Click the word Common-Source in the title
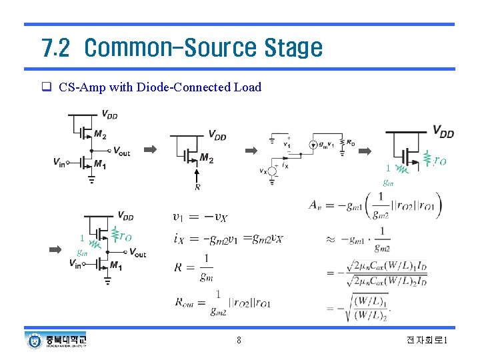point(171,48)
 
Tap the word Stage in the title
point(293,48)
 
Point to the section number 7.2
point(55,48)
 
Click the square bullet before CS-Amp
point(47,87)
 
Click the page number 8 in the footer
point(239,341)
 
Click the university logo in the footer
point(56,341)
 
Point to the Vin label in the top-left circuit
point(60,162)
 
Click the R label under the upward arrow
point(197,187)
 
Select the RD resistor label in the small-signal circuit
point(351,142)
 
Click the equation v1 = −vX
point(200,217)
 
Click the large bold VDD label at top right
point(443,133)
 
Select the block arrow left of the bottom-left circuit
point(57,249)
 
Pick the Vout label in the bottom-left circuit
point(137,253)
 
